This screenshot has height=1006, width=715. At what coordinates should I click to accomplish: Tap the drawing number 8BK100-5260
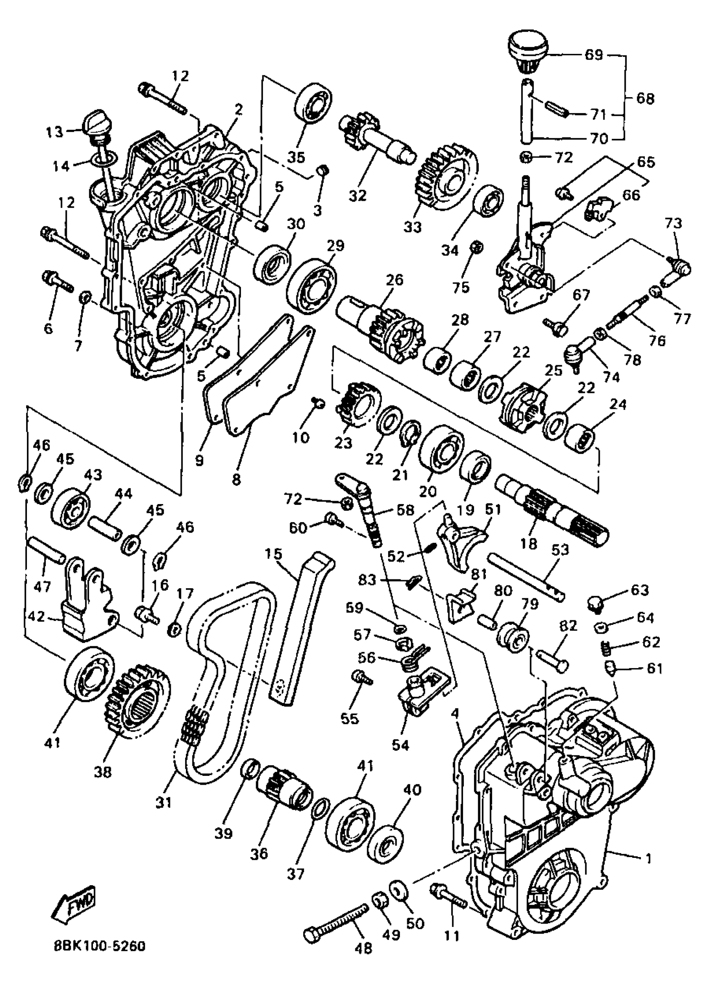tap(100, 946)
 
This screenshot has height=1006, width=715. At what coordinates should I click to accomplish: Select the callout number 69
tap(593, 55)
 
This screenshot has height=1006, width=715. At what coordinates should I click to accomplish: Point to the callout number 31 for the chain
tap(163, 802)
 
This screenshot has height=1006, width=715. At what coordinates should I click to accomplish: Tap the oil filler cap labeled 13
tap(95, 125)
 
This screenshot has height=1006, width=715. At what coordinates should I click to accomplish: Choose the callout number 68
tap(646, 98)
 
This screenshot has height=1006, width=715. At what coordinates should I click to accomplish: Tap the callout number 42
tap(37, 617)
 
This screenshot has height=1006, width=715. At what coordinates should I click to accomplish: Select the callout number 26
tap(395, 280)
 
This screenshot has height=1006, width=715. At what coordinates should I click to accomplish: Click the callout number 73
tap(674, 223)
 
